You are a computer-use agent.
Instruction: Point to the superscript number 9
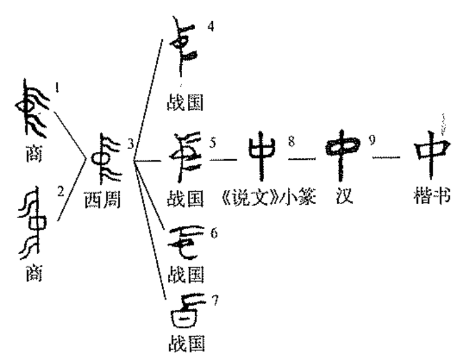(372, 141)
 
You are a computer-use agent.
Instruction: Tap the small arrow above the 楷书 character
(444, 123)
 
